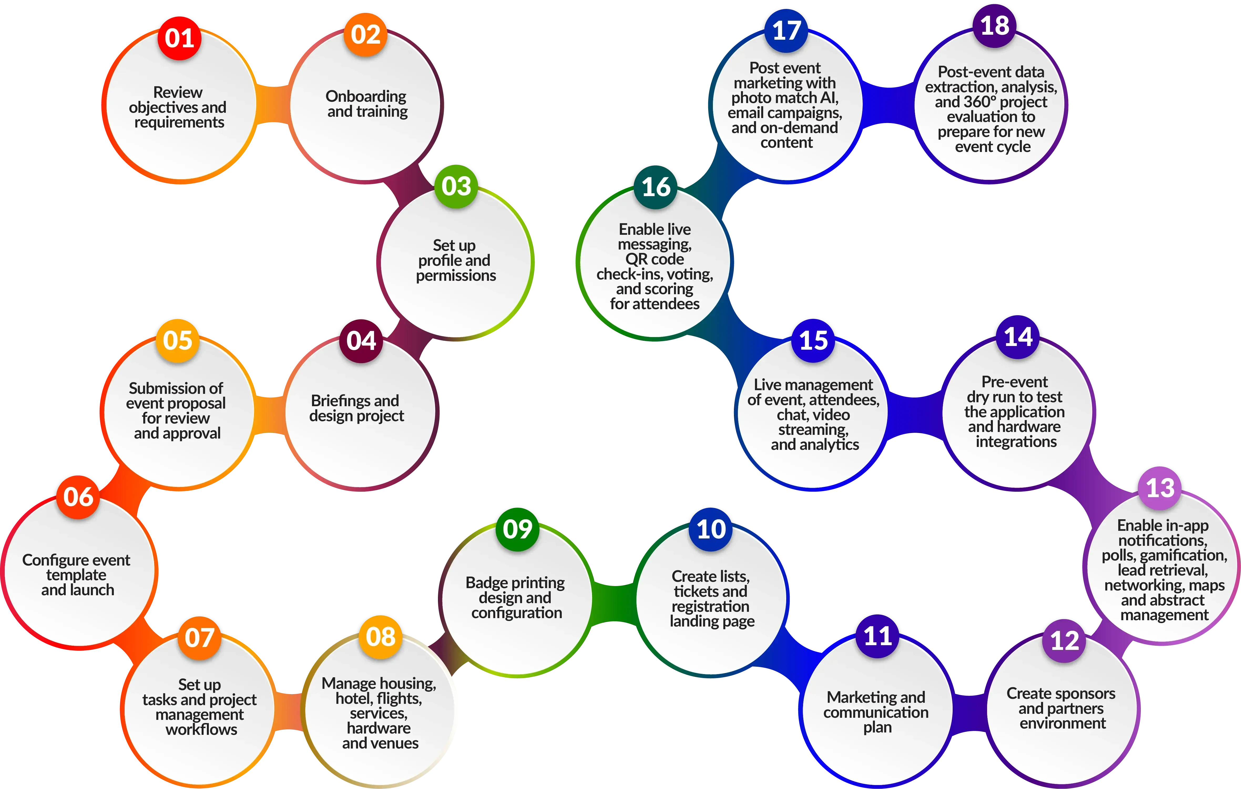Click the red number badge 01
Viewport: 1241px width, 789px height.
pyautogui.click(x=179, y=38)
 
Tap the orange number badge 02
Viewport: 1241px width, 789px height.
pyautogui.click(x=365, y=34)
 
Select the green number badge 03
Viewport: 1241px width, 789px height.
pyautogui.click(x=456, y=186)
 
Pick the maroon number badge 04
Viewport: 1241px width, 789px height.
pyautogui.click(x=361, y=341)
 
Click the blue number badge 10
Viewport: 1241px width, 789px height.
pyautogui.click(x=711, y=529)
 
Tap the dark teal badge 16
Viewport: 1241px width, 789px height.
pyautogui.click(x=656, y=187)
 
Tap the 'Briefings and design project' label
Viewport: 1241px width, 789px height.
pyautogui.click(x=356, y=408)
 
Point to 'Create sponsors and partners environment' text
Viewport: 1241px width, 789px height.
pyautogui.click(x=1062, y=708)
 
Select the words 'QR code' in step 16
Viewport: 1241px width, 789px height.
pyautogui.click(x=655, y=259)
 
